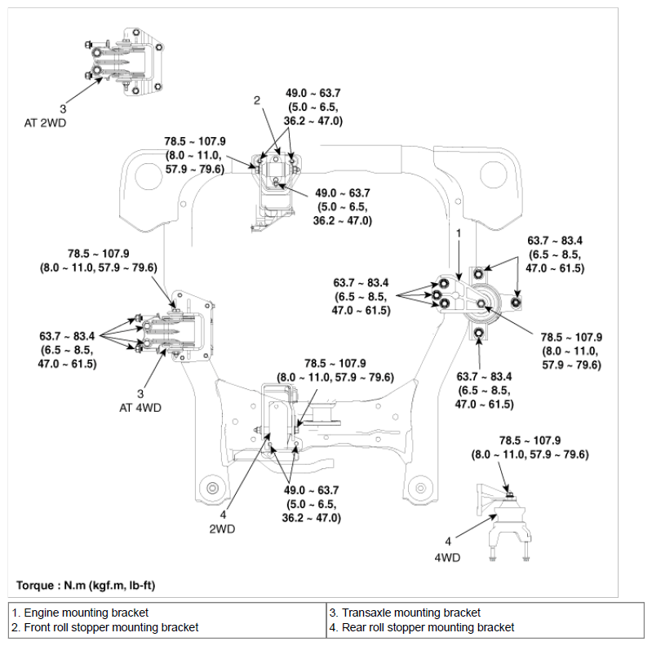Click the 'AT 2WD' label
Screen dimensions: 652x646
pos(45,123)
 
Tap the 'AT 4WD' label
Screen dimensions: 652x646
pos(140,408)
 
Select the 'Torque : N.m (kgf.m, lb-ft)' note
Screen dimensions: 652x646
pos(86,586)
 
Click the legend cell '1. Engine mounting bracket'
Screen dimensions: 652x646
pos(80,613)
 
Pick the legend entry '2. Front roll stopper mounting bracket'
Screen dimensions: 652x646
pos(105,627)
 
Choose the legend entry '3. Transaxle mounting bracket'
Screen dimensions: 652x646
pos(405,613)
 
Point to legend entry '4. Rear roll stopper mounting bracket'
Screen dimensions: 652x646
pos(422,627)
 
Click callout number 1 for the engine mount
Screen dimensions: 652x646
pos(459,233)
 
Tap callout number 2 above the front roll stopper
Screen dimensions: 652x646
pos(257,100)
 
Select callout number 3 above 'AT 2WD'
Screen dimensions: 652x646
pos(63,109)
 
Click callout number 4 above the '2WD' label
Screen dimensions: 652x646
pos(223,515)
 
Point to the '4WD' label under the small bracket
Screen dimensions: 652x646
pos(447,557)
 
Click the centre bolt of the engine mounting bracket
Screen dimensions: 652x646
pos(481,303)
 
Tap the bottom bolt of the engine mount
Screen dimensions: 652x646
pos(479,333)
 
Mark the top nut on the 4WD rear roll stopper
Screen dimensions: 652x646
pos(510,495)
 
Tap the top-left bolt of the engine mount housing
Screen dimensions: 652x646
pos(478,274)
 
